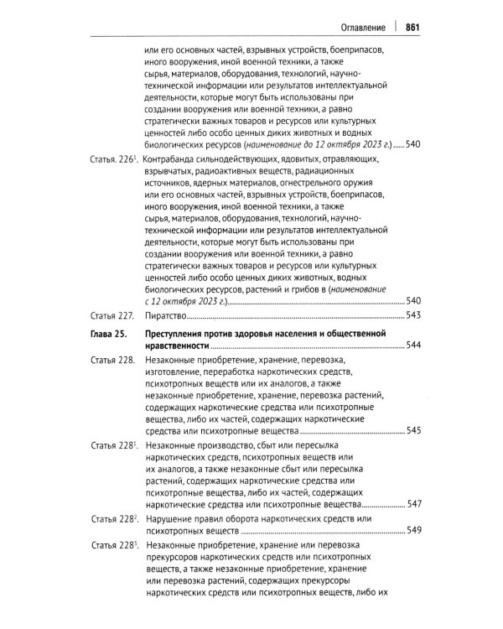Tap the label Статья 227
[x=112, y=316]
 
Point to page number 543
[x=412, y=316]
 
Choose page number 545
[x=412, y=430]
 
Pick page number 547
[x=412, y=507]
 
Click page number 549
[x=412, y=531]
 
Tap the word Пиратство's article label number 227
[x=125, y=316]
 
